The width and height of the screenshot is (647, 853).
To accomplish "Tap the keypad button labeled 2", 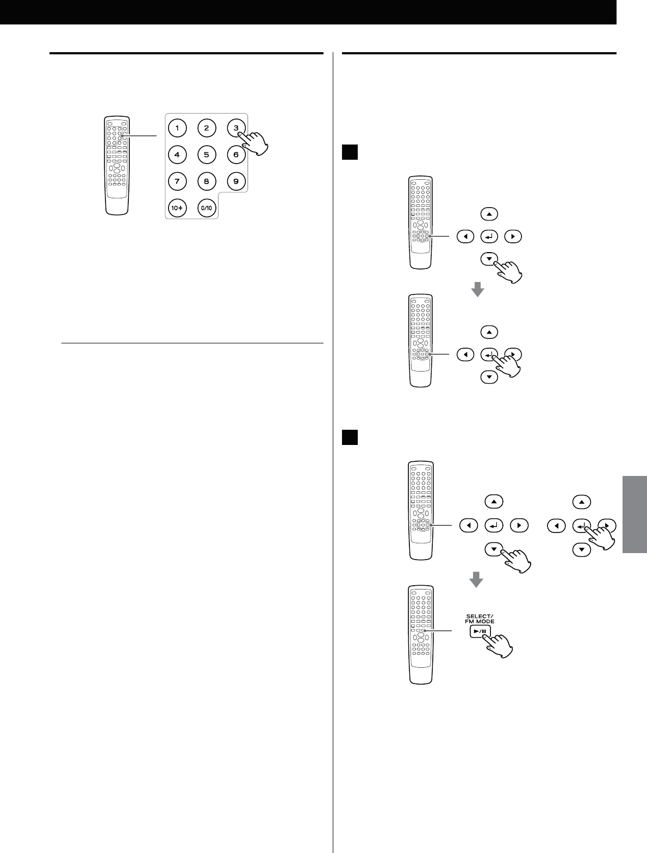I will (206, 129).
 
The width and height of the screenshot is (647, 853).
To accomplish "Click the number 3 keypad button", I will (235, 128).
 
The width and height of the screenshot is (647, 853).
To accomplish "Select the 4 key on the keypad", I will (177, 154).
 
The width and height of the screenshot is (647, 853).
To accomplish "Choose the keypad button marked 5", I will (206, 154).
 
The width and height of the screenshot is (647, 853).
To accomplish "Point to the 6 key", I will (235, 154).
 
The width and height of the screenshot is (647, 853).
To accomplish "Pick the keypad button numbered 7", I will (177, 181).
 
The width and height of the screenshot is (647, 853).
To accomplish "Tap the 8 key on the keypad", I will (206, 181).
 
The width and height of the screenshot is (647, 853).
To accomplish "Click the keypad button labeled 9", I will (235, 181).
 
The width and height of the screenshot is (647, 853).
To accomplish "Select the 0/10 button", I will (207, 208).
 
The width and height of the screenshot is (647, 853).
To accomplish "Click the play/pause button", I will (480, 632).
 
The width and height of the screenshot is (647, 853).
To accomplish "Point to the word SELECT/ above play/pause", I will (479, 616).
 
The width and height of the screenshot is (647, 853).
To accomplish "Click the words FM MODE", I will (479, 621).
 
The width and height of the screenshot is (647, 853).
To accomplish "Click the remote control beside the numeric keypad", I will (117, 166).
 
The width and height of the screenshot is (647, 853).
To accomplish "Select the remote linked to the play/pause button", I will (420, 635).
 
